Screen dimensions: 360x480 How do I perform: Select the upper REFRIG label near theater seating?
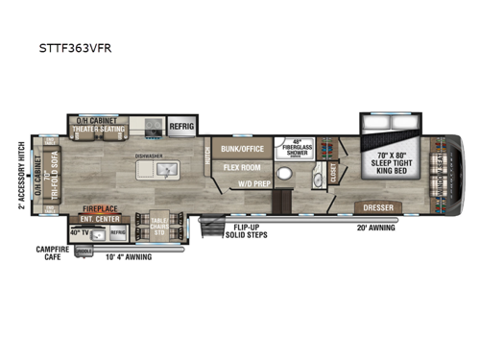click(x=181, y=125)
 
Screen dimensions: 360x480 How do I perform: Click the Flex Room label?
click(x=244, y=166)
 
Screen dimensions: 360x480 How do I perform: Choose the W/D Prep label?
click(x=251, y=183)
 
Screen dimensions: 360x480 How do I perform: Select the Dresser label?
click(x=377, y=207)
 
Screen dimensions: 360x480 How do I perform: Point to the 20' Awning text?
click(x=377, y=228)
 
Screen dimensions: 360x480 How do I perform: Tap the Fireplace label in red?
click(x=100, y=208)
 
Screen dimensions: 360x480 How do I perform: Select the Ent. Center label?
click(x=100, y=218)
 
